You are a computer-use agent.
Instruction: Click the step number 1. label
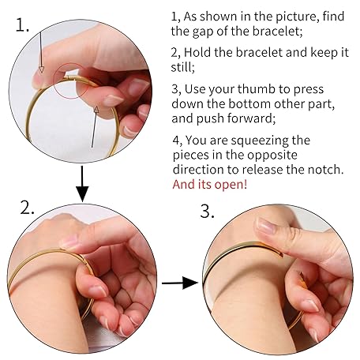point(22,25)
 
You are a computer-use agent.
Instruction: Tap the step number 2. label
point(27,208)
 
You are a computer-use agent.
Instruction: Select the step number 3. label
point(207,211)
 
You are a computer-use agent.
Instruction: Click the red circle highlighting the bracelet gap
point(71,81)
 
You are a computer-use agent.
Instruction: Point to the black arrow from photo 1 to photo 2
point(82,183)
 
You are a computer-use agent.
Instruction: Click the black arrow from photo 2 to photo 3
point(180,283)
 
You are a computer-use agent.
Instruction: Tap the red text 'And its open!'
point(210,184)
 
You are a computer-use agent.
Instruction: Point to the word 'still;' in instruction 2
point(183,67)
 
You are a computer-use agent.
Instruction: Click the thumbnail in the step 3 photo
point(266,226)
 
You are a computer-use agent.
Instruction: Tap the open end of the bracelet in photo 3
point(280,253)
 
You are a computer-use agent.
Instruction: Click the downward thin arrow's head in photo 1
point(41,69)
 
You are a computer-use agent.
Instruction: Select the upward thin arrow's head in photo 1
point(96,110)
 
